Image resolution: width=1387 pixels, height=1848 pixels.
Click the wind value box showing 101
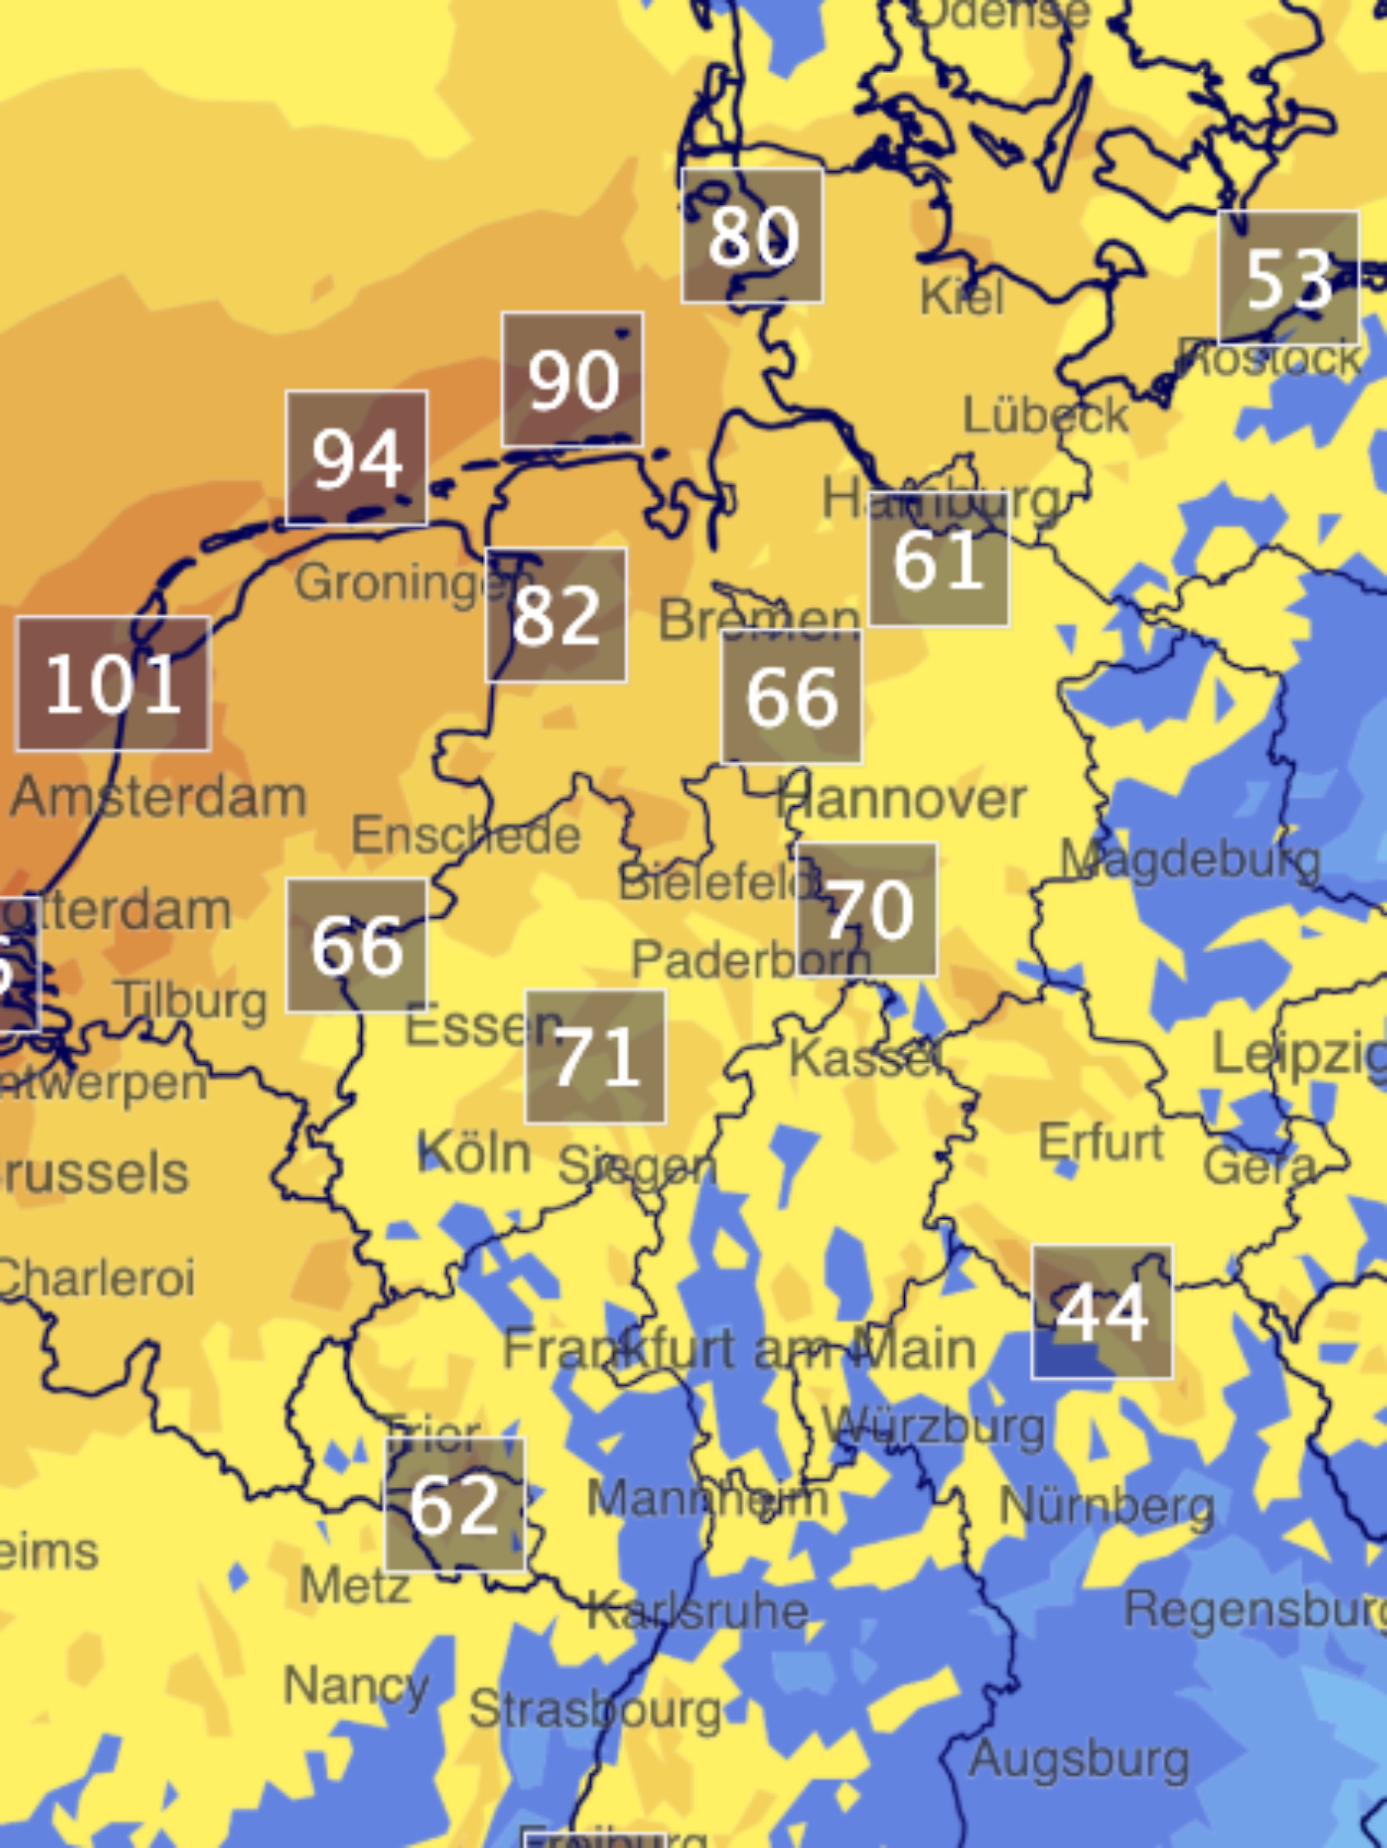[x=114, y=684]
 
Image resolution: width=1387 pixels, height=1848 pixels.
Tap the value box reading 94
[x=357, y=458]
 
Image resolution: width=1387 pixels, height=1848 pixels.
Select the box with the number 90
[x=573, y=380]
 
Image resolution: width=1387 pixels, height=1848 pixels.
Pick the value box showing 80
[x=752, y=235]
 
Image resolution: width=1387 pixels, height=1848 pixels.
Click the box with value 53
[x=1288, y=278]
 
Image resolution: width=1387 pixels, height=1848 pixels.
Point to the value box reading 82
[x=556, y=615]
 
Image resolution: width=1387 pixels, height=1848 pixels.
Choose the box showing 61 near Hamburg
[x=939, y=559]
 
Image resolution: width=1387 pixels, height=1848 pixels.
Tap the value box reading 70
[x=867, y=909]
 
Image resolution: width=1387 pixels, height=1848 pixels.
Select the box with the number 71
[x=596, y=1057]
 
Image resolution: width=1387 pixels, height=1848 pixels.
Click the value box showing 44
[x=1102, y=1312]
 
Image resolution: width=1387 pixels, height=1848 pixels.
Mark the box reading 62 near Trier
[x=456, y=1504]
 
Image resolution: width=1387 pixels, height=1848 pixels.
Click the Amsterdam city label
[x=159, y=797]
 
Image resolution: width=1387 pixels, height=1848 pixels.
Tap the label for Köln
[x=474, y=1153]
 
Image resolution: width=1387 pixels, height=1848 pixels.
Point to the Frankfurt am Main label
[x=740, y=1349]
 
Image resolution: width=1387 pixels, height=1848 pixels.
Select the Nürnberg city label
[x=1107, y=1507]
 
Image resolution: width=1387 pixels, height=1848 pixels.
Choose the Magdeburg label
[x=1190, y=859]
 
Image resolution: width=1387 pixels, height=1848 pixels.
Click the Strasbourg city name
[x=595, y=1709]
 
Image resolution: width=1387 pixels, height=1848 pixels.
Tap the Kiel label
[x=962, y=297]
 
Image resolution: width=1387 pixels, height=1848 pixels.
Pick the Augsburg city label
[x=1079, y=1758]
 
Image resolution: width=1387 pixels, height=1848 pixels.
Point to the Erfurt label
[x=1101, y=1142]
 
